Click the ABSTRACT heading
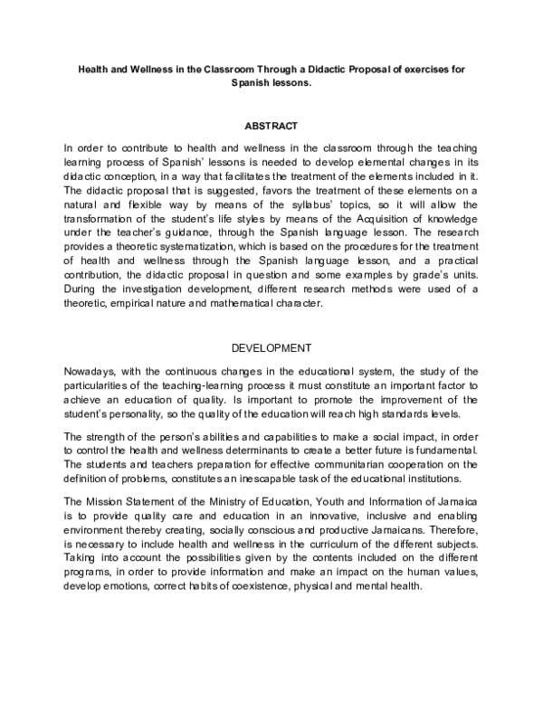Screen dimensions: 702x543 pos(271,125)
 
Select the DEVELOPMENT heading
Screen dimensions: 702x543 pos(271,347)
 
